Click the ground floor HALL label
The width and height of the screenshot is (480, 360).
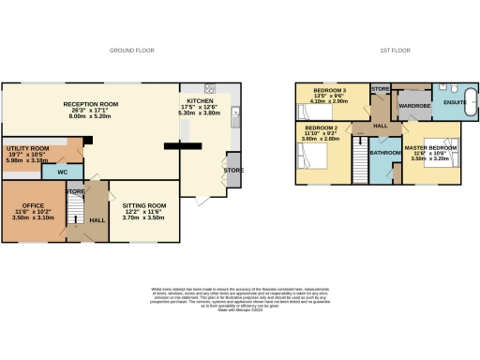[97, 220]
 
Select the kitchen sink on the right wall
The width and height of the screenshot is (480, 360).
[236, 120]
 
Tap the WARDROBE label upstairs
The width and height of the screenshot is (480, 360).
[413, 106]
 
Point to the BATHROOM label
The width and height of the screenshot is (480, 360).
[384, 151]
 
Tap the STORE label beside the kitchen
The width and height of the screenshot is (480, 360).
[232, 170]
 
